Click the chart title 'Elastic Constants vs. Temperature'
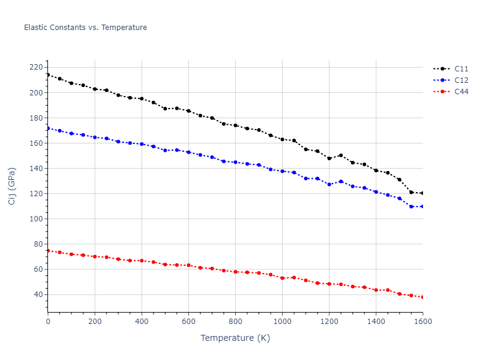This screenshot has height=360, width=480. [x=85, y=28]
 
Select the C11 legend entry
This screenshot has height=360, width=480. [x=461, y=69]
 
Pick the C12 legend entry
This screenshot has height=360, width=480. [x=461, y=80]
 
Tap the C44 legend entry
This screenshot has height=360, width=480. [x=461, y=92]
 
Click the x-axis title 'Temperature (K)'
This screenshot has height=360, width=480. [x=235, y=338]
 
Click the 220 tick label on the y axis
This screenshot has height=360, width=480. [x=36, y=67]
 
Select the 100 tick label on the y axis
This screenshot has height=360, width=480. [x=36, y=219]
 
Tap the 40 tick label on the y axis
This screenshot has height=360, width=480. [x=38, y=295]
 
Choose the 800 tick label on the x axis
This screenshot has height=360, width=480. [x=235, y=322]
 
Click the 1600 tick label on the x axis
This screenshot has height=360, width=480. [x=422, y=322]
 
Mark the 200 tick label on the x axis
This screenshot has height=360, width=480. [x=95, y=322]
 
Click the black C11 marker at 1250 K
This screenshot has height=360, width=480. [x=341, y=155]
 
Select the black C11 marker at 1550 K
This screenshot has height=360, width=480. [x=411, y=192]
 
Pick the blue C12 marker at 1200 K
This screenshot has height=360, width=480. [x=329, y=184]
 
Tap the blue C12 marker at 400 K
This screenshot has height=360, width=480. [x=142, y=144]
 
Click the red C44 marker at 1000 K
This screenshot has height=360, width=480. [x=282, y=278]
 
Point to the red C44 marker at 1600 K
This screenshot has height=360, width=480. [x=422, y=297]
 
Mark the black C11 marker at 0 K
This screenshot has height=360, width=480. [x=48, y=75]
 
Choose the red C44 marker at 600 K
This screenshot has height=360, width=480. [x=188, y=265]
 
